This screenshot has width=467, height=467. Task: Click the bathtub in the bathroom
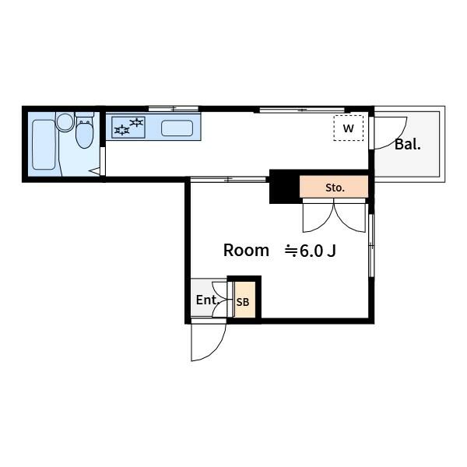44,145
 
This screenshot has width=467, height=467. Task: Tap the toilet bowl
84,134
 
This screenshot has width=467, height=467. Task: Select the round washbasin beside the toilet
65,122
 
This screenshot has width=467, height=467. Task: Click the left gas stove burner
122,130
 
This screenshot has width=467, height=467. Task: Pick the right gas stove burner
137,122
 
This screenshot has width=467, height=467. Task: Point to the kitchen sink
177,128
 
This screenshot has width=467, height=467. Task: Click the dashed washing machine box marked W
348,128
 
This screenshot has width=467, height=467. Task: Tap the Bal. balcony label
408,145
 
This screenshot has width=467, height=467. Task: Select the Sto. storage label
335,188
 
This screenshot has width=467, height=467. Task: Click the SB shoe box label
243,302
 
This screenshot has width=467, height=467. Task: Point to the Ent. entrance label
208,300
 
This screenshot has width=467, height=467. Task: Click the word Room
246,250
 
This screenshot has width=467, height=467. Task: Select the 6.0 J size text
318,251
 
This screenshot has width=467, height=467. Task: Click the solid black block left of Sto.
285,188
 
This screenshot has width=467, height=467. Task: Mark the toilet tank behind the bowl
85,114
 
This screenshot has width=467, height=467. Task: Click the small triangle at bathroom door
96,171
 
